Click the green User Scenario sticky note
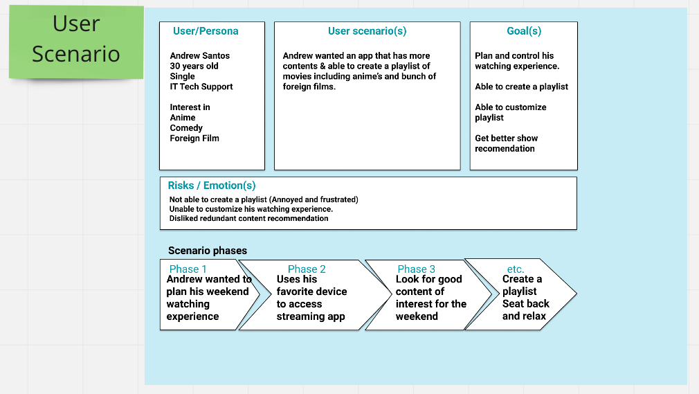(x=76, y=42)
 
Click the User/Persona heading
(x=206, y=31)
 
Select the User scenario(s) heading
(x=367, y=31)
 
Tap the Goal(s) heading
(x=524, y=31)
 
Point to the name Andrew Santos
(x=200, y=56)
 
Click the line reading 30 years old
(x=194, y=66)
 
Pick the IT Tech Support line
(x=201, y=87)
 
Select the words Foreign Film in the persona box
(x=194, y=138)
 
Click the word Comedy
(x=186, y=128)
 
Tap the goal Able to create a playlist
(x=522, y=87)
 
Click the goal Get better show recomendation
(x=507, y=143)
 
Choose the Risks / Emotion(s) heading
(x=212, y=186)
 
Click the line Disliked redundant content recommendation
(x=248, y=218)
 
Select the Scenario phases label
(x=208, y=251)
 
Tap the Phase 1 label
(x=188, y=269)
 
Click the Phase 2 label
(x=307, y=269)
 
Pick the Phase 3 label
(x=417, y=269)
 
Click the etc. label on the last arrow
(x=516, y=269)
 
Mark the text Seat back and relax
(x=526, y=310)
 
